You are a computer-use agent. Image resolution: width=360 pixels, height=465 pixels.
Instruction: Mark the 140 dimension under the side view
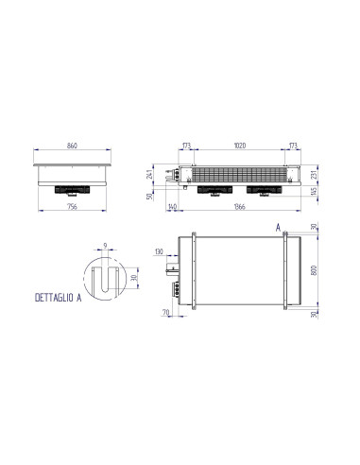click(173, 207)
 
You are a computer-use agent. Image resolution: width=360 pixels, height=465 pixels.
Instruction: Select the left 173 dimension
click(186, 146)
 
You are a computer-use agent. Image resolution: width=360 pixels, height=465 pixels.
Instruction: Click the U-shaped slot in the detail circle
click(106, 280)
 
